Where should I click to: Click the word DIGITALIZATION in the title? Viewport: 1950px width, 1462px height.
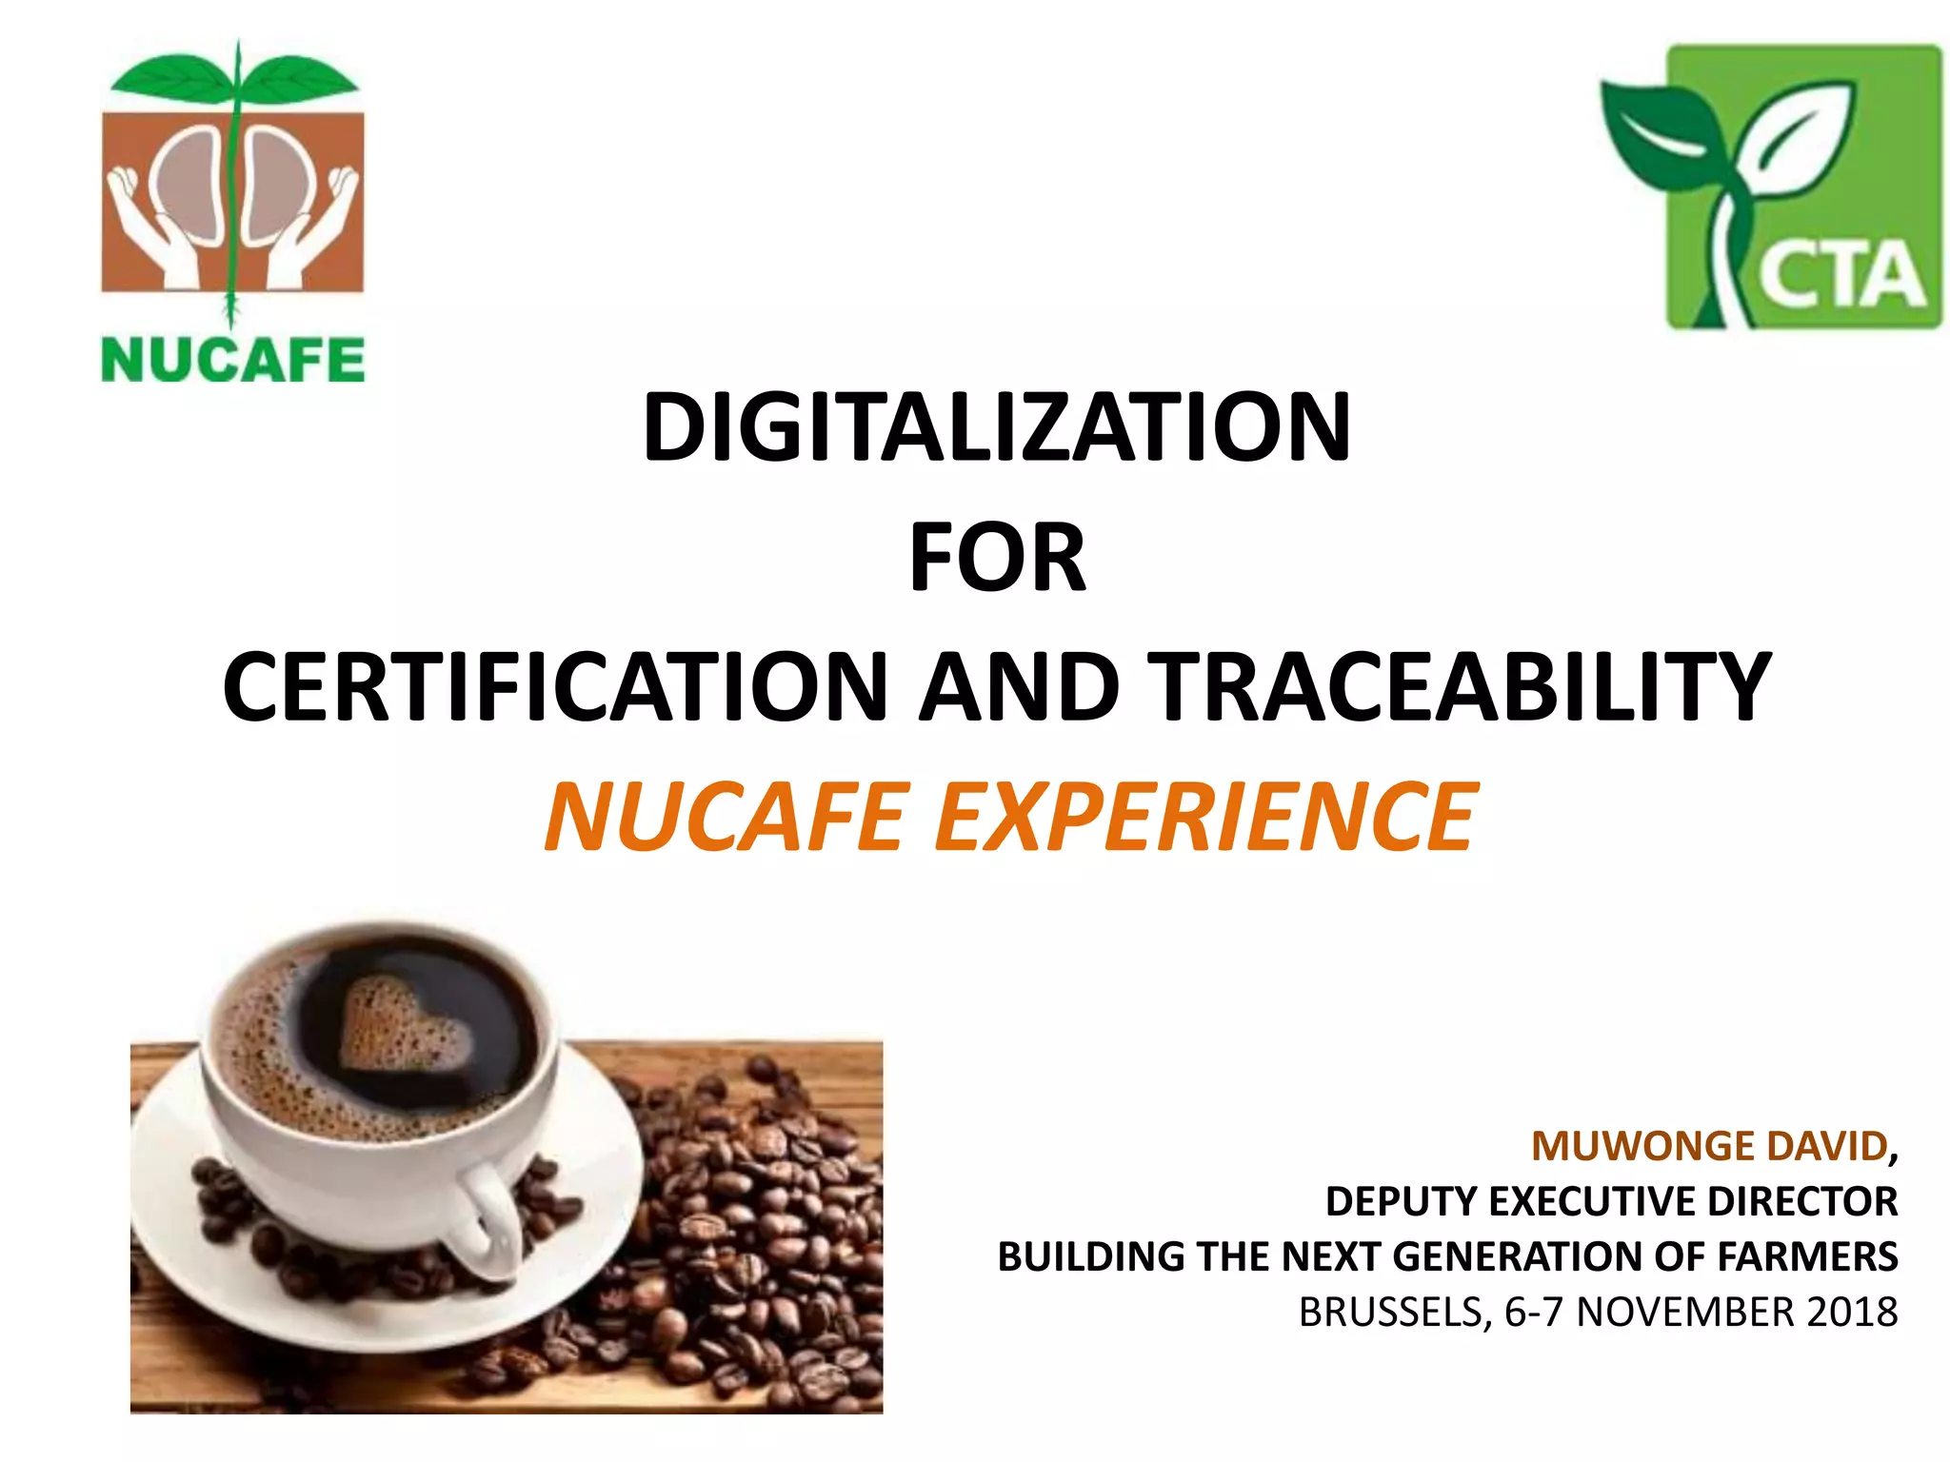(x=997, y=427)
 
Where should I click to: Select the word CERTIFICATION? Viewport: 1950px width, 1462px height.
(x=555, y=687)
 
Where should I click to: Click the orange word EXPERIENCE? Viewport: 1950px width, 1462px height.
(x=1205, y=818)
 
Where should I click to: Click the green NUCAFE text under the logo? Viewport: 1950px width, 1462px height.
(x=233, y=360)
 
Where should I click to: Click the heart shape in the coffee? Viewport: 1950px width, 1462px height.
(x=405, y=1028)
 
